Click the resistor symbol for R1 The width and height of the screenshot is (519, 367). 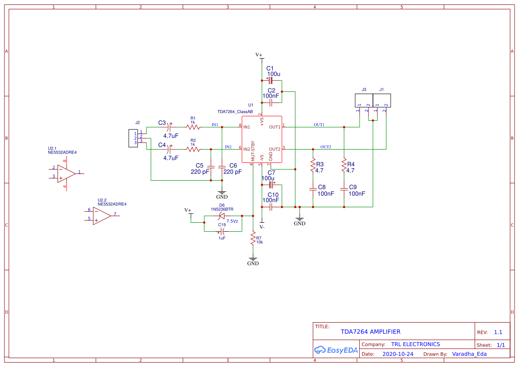(x=193, y=127)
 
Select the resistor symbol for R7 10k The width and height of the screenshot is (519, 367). (x=253, y=239)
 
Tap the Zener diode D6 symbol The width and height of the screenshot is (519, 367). (x=222, y=216)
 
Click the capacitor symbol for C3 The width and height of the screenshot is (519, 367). (x=169, y=127)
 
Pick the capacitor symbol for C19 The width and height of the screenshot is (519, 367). (x=222, y=231)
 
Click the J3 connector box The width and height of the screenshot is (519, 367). (x=364, y=100)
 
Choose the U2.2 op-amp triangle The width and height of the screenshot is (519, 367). (x=102, y=216)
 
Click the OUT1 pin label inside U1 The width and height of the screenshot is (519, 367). (x=274, y=127)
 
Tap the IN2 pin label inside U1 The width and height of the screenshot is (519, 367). (x=247, y=149)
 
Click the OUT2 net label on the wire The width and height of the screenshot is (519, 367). (x=325, y=147)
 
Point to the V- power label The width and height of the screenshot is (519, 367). (x=262, y=227)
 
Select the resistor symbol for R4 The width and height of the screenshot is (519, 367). (x=344, y=165)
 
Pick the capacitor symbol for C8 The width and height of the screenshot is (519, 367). (x=313, y=189)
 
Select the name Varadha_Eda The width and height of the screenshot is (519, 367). (x=469, y=354)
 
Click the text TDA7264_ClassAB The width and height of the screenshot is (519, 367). (x=235, y=112)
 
